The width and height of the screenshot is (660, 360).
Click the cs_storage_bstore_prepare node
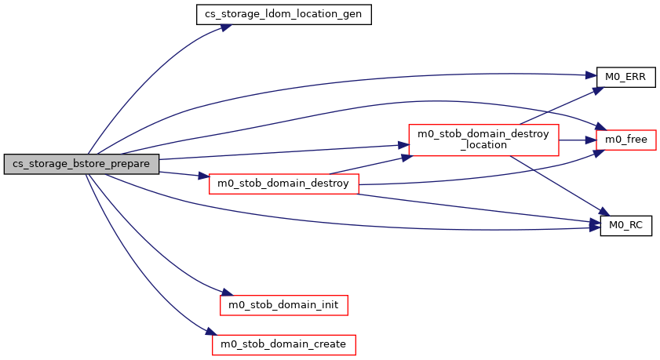point(82,164)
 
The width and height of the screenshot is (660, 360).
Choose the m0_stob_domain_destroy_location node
point(483,140)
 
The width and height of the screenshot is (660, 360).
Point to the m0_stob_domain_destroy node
point(283,184)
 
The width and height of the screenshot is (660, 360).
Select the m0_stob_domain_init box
point(283,304)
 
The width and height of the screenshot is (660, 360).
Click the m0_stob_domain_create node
point(283,344)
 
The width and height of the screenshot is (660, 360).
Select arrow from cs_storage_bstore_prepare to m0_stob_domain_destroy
point(184,174)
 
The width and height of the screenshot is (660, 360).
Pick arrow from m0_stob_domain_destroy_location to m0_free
point(577,140)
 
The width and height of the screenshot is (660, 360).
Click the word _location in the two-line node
point(483,146)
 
